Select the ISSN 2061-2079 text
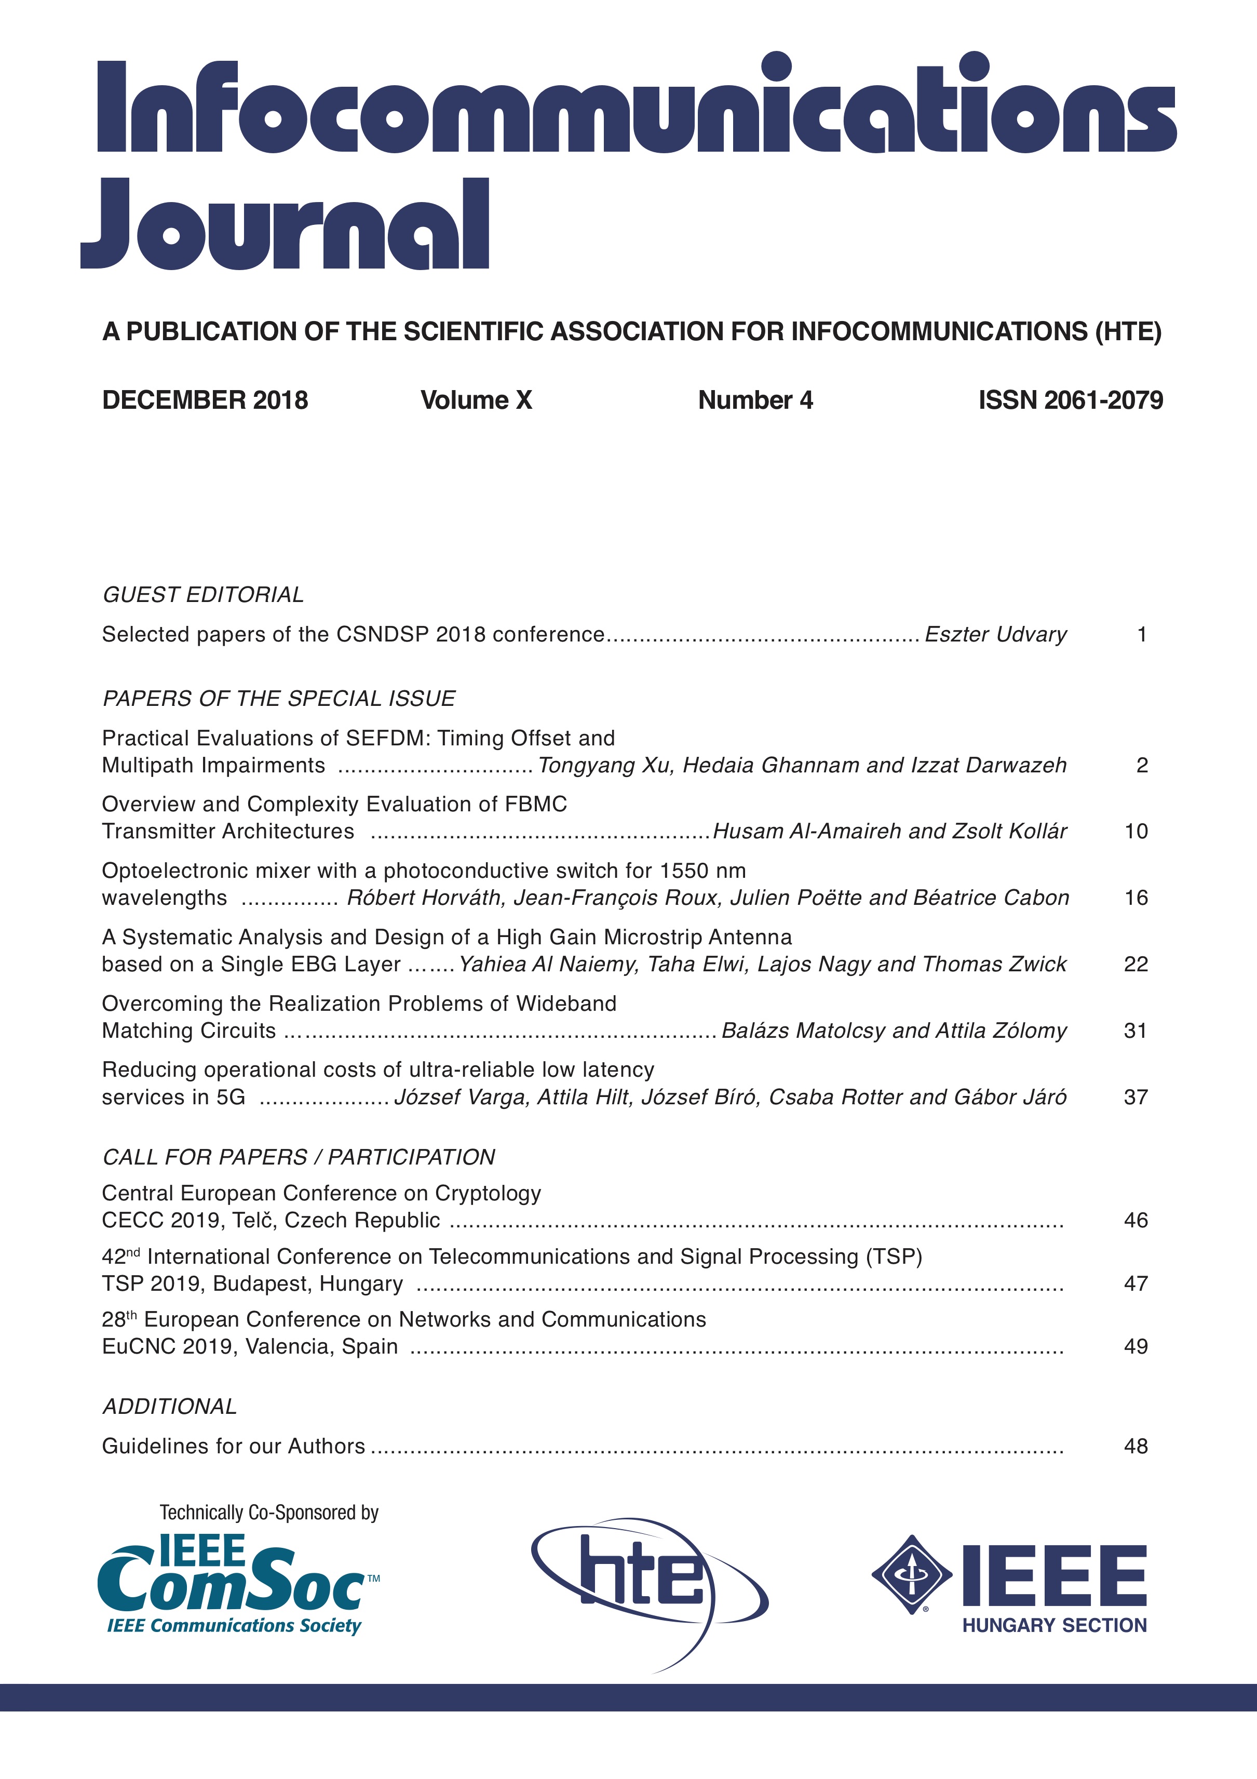1071,400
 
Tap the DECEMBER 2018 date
205,400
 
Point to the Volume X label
476,400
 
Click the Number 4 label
755,400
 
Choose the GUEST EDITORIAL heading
203,594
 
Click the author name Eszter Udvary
995,635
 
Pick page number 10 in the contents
1136,832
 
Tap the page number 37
1136,1097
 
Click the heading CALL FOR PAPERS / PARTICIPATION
298,1157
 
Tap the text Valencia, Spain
321,1347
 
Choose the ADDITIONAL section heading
170,1406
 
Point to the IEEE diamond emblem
912,1574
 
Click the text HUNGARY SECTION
1054,1626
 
